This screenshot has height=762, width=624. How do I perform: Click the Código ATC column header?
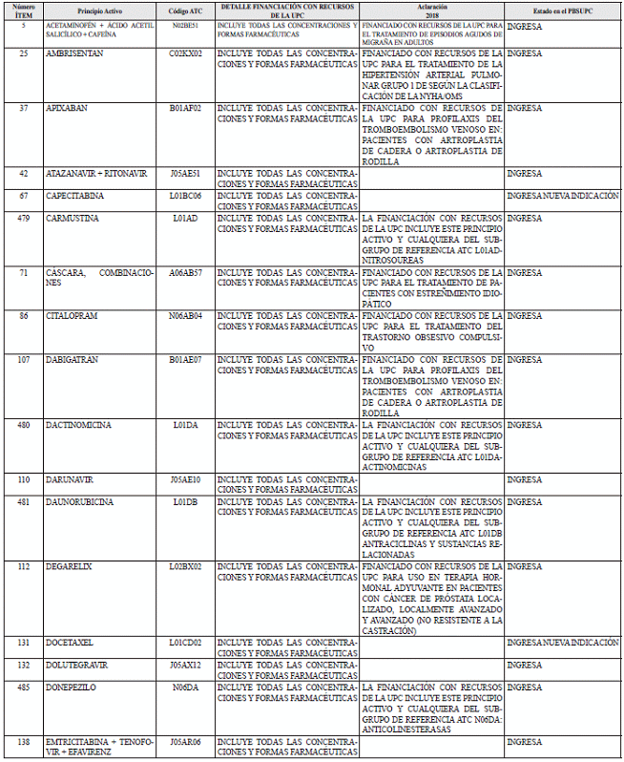185,10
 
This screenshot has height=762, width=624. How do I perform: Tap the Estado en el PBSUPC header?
562,10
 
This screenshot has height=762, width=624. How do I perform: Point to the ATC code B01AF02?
185,109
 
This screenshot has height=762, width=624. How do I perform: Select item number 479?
22,218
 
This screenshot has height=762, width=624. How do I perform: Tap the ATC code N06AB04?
185,315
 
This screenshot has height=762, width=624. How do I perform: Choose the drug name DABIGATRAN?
73,359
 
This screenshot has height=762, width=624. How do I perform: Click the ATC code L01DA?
185,424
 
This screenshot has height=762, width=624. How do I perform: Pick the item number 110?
22,478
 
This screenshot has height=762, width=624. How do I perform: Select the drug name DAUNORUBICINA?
79,500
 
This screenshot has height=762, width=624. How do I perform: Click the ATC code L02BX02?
185,566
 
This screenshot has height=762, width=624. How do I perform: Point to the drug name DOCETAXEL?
72,643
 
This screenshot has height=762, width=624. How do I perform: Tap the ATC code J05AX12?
185,665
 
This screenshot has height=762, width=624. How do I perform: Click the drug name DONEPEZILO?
71,687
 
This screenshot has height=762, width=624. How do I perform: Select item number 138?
22,741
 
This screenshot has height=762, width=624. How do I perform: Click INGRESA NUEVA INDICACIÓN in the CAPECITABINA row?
563,196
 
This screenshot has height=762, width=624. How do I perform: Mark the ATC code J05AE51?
185,174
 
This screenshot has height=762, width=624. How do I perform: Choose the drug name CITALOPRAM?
73,315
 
